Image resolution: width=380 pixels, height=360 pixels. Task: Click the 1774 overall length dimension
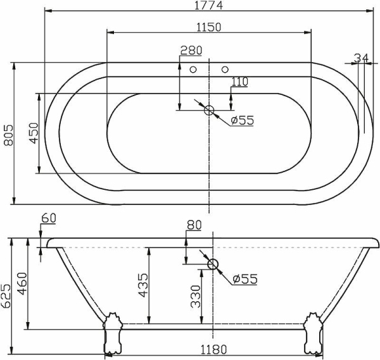tap(208, 6)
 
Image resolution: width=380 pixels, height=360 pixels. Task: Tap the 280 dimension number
tap(191, 51)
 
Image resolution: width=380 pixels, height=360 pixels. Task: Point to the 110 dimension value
tap(239, 81)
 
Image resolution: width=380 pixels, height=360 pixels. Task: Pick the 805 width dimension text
tap(8, 133)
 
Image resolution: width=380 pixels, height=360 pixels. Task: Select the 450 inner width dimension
tap(34, 133)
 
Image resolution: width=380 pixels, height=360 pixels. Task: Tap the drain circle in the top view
tap(210, 111)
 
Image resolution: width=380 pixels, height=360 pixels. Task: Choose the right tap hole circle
tap(225, 69)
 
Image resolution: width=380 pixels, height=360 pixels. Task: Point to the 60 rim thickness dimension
tap(48, 218)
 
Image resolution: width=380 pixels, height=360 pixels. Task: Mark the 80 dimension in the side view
tap(194, 225)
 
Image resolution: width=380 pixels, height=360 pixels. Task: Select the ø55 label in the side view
tap(243, 279)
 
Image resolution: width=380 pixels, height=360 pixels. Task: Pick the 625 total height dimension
tap(6, 296)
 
